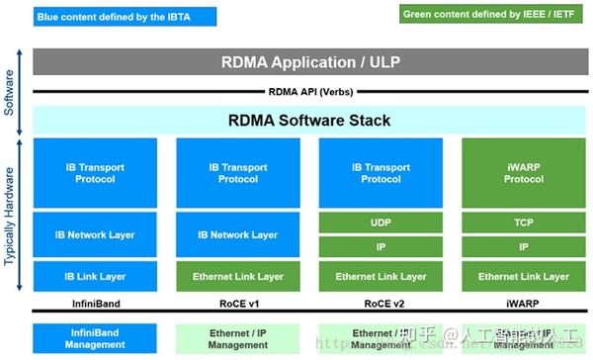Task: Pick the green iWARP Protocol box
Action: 523,172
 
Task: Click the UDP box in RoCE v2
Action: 381,225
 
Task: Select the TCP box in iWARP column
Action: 523,225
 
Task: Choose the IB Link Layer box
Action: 95,276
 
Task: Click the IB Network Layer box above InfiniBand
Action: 95,235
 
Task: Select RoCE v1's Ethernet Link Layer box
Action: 237,276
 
